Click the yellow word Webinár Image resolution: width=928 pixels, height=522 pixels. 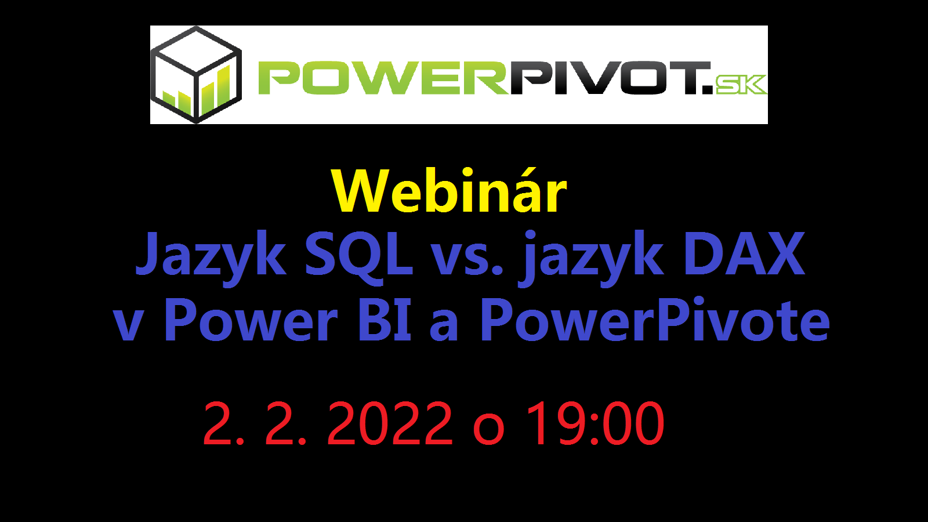[449, 191]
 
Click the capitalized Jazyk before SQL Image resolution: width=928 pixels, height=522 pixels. [211, 258]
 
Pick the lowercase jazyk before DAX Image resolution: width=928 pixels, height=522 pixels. [591, 258]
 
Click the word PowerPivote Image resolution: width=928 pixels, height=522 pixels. [655, 320]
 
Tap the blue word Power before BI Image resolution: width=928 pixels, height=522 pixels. [252, 320]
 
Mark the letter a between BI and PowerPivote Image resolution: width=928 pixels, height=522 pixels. [444, 326]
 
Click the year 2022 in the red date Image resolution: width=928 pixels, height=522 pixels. [389, 423]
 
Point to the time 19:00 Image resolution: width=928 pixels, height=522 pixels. [595, 423]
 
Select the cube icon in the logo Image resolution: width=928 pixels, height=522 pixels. [196, 75]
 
